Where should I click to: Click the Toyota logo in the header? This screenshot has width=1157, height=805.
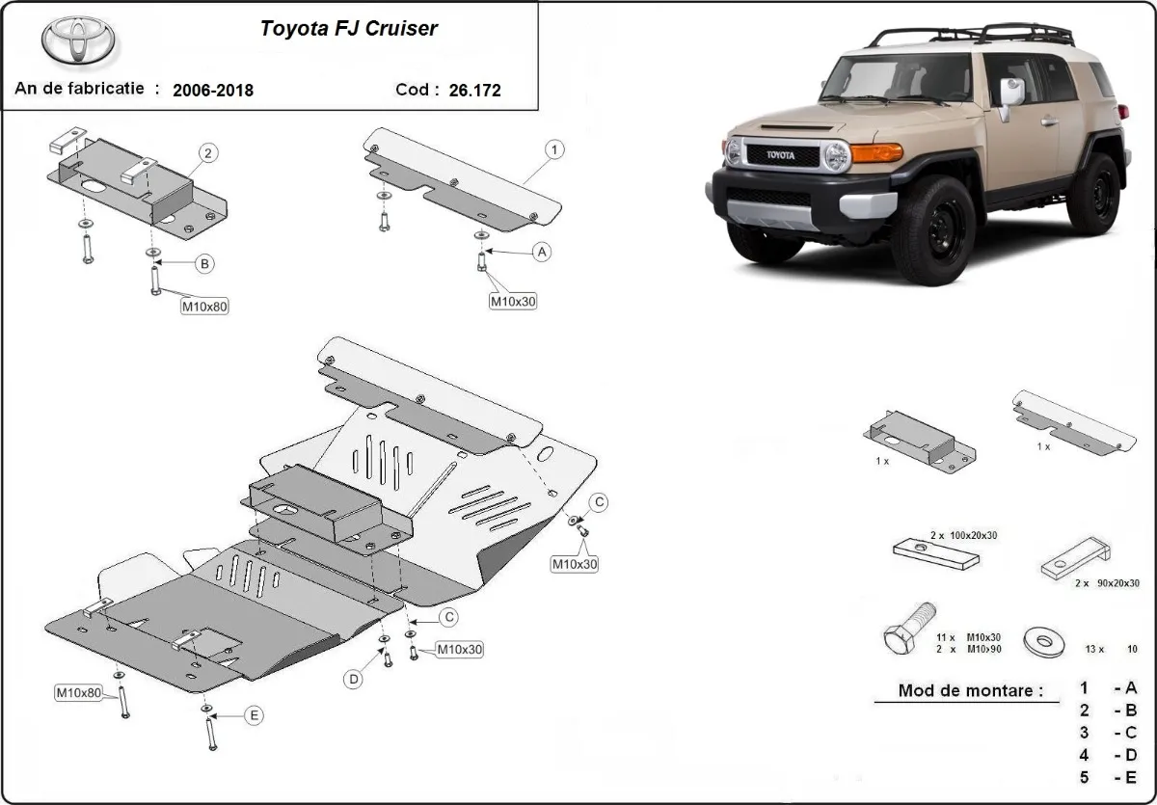click(x=78, y=40)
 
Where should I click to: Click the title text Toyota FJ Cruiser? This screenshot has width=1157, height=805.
click(x=349, y=28)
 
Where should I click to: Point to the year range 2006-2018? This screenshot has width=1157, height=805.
click(x=213, y=91)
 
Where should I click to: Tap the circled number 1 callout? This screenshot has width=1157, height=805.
click(x=554, y=149)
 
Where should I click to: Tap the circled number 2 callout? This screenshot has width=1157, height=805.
click(x=207, y=152)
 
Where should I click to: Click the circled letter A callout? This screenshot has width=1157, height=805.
click(x=542, y=252)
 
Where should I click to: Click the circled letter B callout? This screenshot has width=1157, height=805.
click(x=204, y=263)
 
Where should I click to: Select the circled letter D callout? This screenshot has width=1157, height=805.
click(x=354, y=679)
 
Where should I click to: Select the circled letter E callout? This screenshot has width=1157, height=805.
click(x=254, y=714)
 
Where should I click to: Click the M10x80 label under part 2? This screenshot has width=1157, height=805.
click(x=204, y=307)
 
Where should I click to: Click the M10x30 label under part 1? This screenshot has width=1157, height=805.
click(x=513, y=301)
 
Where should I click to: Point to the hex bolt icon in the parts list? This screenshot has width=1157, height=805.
click(x=907, y=631)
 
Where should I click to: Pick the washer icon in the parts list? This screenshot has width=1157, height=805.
click(x=1044, y=641)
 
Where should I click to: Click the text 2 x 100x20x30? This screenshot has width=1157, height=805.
click(x=963, y=533)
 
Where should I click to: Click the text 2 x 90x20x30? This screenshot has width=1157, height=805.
click(x=1098, y=582)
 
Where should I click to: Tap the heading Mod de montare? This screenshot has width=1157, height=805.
click(x=970, y=690)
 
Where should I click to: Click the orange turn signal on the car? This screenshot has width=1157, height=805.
click(x=875, y=152)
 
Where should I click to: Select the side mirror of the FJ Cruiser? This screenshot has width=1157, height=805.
click(x=1009, y=94)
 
